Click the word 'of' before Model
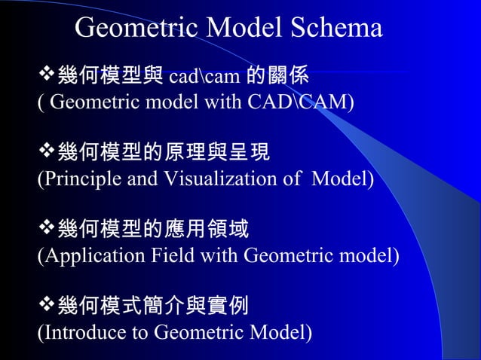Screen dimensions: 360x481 point(295,179)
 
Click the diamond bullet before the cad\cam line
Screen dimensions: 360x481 point(45,76)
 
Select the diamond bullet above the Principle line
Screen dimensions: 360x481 point(45,154)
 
